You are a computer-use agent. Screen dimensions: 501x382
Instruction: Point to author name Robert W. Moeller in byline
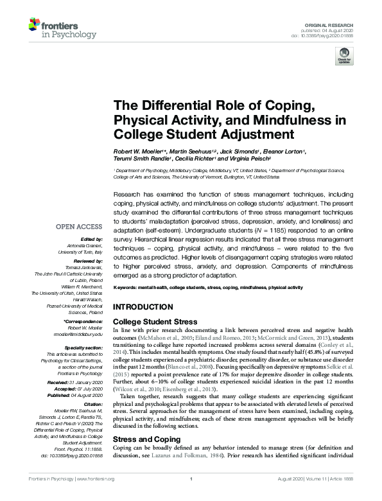click(x=136, y=150)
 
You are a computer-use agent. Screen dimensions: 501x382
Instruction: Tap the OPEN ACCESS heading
click(x=79, y=226)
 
